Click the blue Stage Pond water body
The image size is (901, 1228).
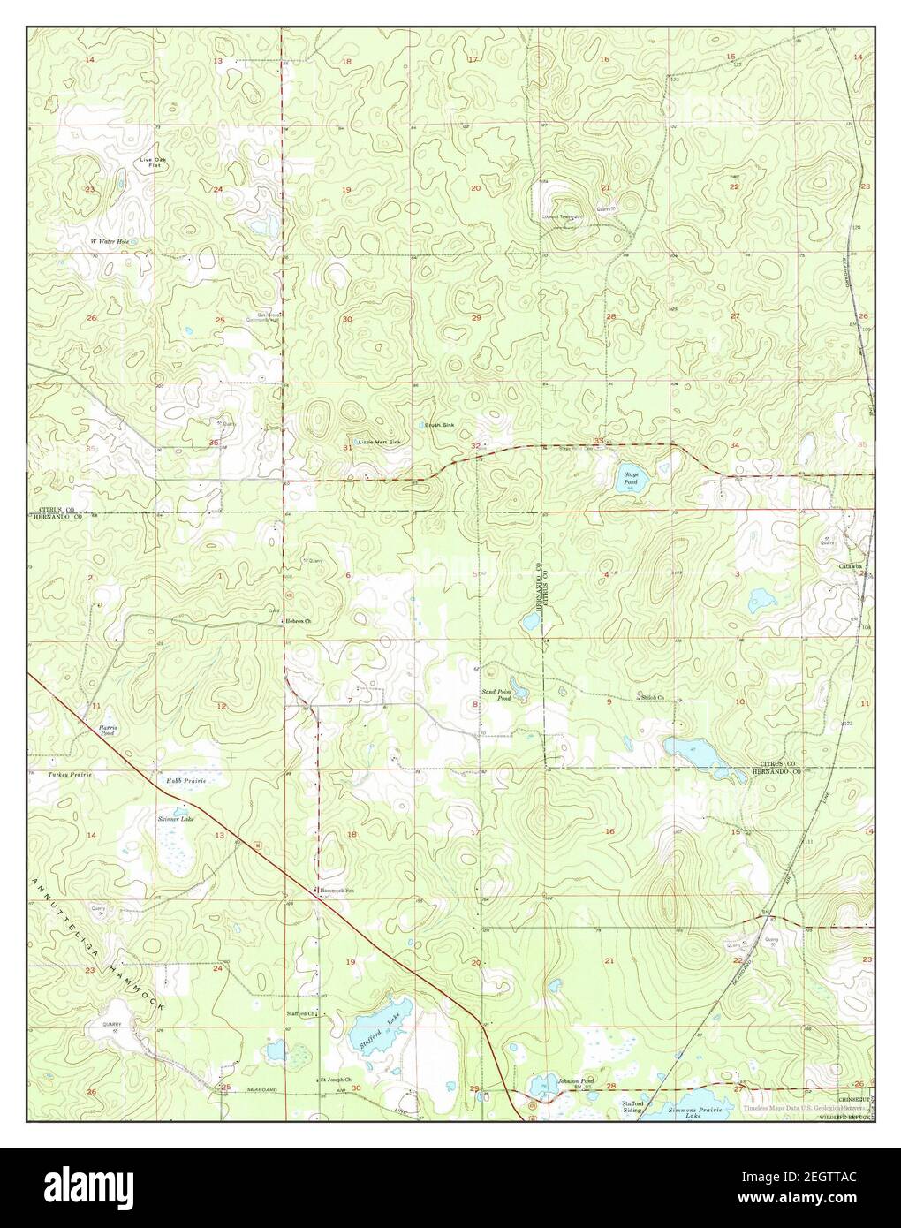point(633,479)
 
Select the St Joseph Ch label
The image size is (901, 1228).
point(336,1080)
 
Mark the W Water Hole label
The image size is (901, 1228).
point(110,240)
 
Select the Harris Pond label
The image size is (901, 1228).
point(108,729)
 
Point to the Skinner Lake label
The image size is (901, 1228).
point(176,819)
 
